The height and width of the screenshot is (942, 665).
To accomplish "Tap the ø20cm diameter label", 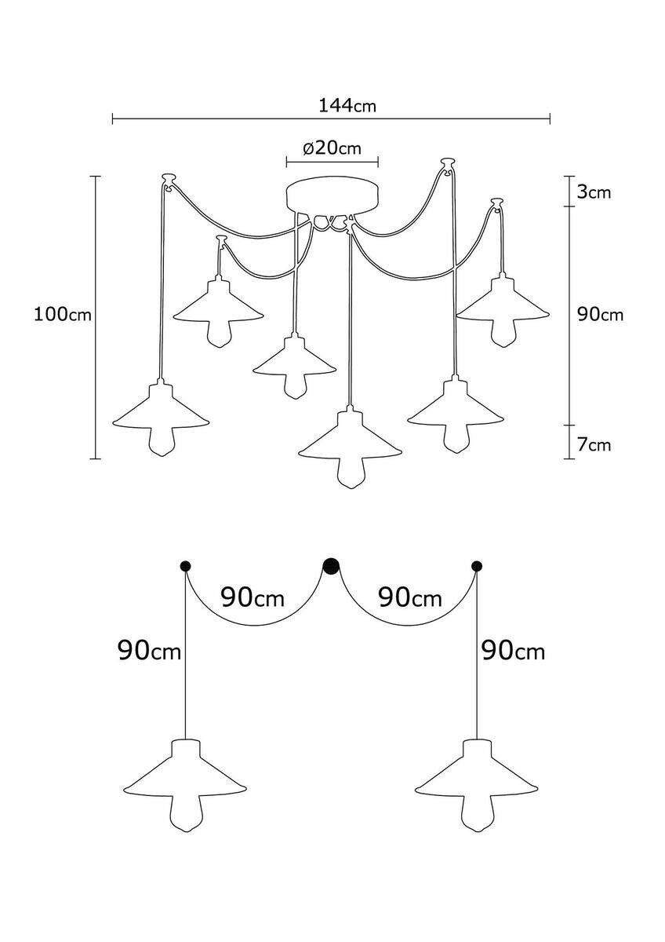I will (332, 148).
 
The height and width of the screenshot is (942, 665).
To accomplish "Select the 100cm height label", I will (63, 315).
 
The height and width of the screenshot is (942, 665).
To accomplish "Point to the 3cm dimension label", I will (594, 192).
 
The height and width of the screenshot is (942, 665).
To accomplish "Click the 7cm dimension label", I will (594, 445).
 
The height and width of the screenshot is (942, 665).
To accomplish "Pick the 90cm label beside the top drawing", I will (600, 314).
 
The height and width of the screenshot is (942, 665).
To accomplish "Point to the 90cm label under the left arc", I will (253, 598).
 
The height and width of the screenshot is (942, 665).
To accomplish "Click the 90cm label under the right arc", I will (410, 598).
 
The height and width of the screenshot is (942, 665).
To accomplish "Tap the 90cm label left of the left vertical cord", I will (149, 650).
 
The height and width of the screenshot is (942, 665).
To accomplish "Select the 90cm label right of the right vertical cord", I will (514, 650).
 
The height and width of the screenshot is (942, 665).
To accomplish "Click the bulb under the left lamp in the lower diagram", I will (187, 812).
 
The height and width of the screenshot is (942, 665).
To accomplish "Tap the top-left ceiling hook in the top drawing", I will (167, 180).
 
